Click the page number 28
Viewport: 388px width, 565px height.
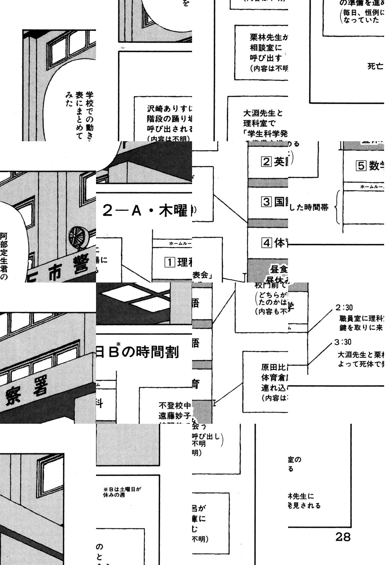pyautogui.click(x=342, y=537)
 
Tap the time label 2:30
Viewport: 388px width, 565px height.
pyautogui.click(x=344, y=308)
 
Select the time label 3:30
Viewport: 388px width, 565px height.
pyautogui.click(x=344, y=342)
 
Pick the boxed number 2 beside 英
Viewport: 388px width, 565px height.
pyautogui.click(x=266, y=162)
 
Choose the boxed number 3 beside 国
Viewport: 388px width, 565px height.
pyautogui.click(x=266, y=202)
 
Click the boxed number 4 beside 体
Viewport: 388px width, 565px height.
pyautogui.click(x=266, y=243)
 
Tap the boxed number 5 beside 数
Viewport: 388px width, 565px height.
pyautogui.click(x=360, y=166)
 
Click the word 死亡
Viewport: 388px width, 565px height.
pyautogui.click(x=375, y=66)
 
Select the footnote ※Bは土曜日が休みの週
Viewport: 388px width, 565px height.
pyautogui.click(x=122, y=492)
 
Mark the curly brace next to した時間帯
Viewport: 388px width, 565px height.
pyautogui.click(x=338, y=207)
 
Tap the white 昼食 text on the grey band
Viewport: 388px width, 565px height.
pyautogui.click(x=279, y=269)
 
